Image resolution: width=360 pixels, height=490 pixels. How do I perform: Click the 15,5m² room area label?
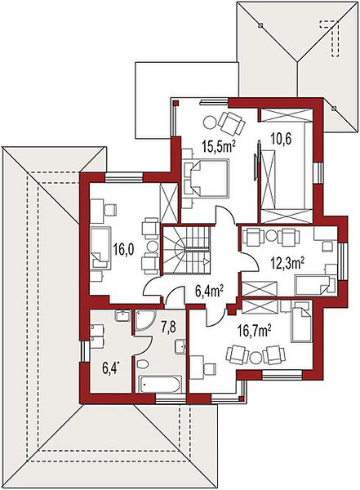[219, 145]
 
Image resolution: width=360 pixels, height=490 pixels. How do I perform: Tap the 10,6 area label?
[281, 139]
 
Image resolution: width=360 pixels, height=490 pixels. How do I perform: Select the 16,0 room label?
[123, 250]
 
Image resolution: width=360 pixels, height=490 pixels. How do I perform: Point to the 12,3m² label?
[287, 264]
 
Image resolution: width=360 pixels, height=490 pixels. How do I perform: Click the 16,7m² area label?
[254, 332]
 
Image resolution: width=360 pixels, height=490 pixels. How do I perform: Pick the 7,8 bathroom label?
[168, 327]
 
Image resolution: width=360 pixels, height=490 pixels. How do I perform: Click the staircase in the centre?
[186, 250]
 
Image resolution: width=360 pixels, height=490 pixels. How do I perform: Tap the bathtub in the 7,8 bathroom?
[160, 384]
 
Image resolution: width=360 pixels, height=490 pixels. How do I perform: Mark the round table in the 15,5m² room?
[210, 122]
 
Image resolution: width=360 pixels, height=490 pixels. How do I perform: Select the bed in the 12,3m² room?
[313, 285]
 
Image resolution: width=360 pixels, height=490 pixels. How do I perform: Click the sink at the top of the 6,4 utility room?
[123, 315]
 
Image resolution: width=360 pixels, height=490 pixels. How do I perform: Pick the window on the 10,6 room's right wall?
[318, 173]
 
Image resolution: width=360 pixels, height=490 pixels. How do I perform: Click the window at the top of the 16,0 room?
[124, 177]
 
